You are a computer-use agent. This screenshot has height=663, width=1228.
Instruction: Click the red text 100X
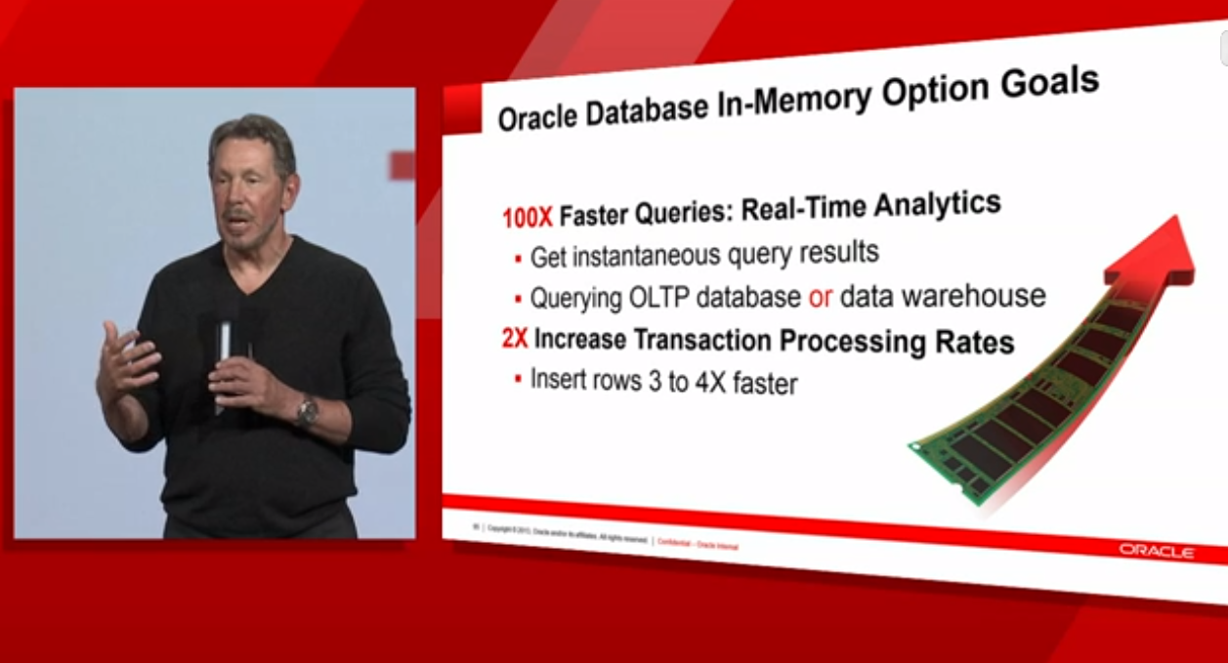tap(528, 217)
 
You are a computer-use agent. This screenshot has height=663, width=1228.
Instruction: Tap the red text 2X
tap(514, 339)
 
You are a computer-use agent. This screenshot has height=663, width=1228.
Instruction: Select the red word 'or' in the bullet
tap(820, 297)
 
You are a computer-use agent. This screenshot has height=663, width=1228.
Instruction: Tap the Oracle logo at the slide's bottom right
tap(1157, 552)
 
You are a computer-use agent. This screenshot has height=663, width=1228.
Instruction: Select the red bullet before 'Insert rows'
tap(518, 378)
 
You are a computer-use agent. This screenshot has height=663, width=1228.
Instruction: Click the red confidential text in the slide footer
tap(698, 544)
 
